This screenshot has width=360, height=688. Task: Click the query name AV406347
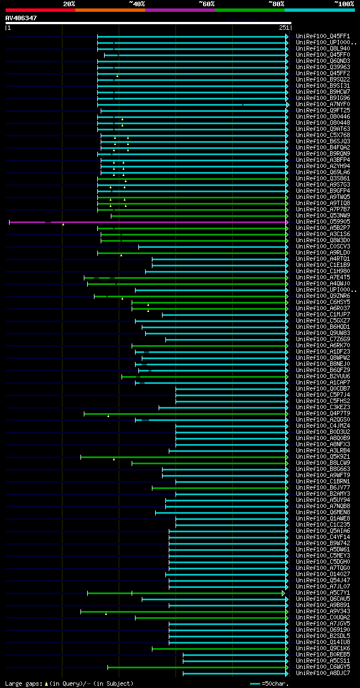pos(21,18)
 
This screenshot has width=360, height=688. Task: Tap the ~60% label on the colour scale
pos(206,3)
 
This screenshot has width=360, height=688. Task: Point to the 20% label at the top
pos(69,3)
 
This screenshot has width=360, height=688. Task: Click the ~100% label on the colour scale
pos(344,3)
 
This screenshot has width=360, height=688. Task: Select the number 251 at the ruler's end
pos(283,28)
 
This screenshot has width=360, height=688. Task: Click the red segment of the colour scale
pos(40,10)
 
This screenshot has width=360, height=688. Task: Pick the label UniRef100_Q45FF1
pos(323,37)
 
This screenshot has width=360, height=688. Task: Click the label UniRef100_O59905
pos(323,222)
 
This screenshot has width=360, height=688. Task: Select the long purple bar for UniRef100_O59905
pos(169,222)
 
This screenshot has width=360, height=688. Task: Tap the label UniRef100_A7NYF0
pos(323,105)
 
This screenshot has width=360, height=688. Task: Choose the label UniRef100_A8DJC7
pos(323,673)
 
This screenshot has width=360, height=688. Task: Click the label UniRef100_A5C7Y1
pos(323,593)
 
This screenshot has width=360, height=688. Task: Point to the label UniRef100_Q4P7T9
pos(323,414)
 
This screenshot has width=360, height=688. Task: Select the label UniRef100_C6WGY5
pos(323,667)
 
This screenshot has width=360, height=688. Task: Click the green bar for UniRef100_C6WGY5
pos(197,667)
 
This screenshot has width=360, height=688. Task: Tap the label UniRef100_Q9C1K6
pos(323,649)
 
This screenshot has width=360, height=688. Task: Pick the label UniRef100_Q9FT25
pos(323,111)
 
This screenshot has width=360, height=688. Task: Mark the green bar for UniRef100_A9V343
pos(186,612)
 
